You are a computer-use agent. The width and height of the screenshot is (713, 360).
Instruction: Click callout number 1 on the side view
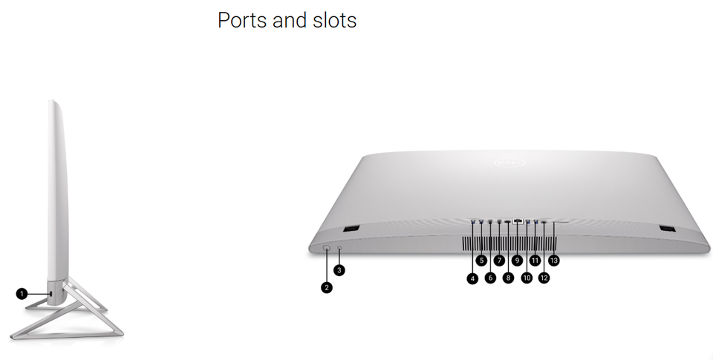coord(22,294)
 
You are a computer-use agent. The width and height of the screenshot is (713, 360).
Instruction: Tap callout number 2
coord(327,287)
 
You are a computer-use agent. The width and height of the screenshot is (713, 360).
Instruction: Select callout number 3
coord(339,270)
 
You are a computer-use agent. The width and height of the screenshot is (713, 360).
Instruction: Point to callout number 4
coord(472,278)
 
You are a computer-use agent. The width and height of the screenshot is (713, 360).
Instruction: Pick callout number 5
coord(481,261)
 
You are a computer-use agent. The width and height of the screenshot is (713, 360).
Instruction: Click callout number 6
coord(490,278)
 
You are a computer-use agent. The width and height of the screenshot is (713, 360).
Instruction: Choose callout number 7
coord(499,261)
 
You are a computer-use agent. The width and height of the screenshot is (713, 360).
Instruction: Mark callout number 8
coord(508,278)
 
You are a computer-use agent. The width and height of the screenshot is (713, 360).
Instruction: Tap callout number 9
coord(518,261)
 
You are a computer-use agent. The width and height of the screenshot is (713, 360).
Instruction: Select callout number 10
coord(527,278)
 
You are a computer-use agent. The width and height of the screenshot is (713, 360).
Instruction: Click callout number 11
coord(535,261)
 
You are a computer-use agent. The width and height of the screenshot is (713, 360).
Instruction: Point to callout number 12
coord(544,278)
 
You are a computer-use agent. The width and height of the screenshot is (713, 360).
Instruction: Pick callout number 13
coord(553,261)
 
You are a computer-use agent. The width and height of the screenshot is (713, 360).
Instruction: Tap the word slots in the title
coord(331,20)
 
